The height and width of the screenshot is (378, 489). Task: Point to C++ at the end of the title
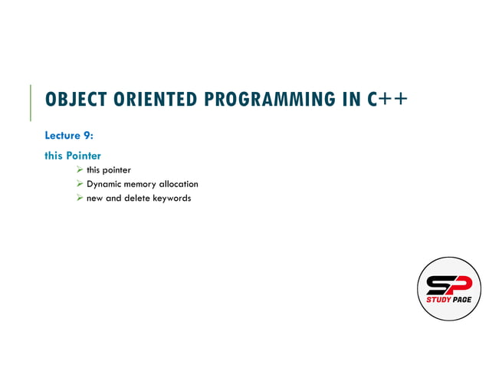(x=386, y=100)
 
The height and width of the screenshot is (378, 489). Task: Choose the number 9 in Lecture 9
(x=88, y=136)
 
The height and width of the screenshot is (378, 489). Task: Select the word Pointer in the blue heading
(x=84, y=156)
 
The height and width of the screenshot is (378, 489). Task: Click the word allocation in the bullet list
(x=178, y=184)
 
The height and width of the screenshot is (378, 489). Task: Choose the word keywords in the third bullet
(x=172, y=199)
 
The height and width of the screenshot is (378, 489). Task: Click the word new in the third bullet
(x=95, y=199)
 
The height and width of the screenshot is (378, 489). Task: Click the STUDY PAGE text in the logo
(x=448, y=299)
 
